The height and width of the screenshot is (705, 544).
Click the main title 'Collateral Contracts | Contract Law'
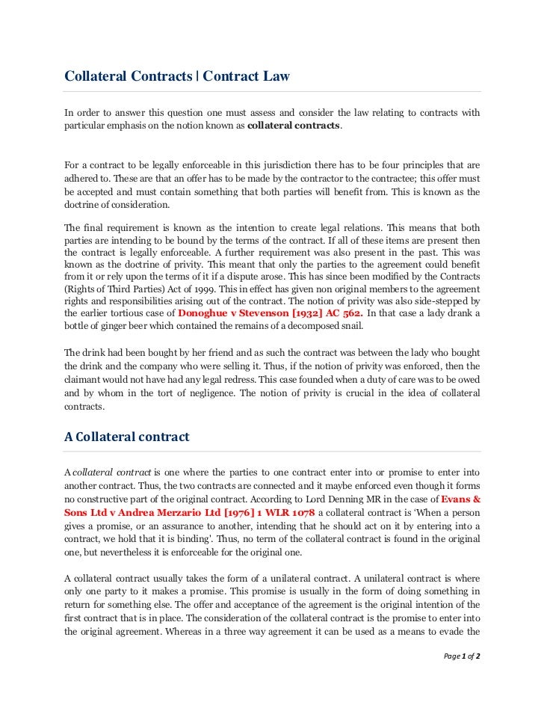coord(176,76)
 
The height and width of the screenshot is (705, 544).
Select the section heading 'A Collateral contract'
coord(126,437)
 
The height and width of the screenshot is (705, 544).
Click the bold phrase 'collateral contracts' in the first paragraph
coord(294,126)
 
